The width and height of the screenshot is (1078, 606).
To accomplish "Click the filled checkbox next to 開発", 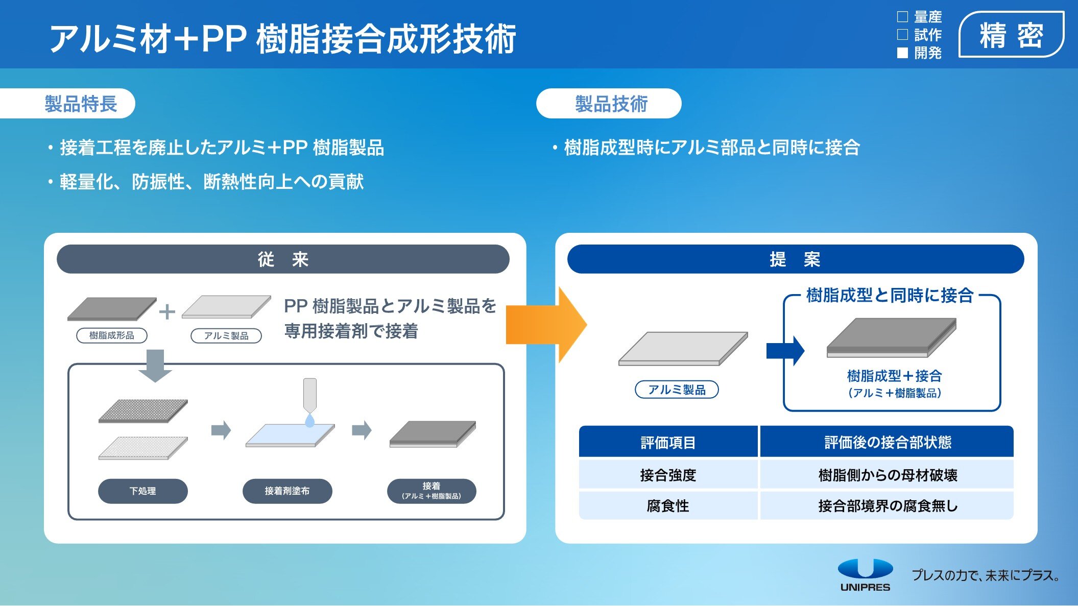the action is pos(902,53).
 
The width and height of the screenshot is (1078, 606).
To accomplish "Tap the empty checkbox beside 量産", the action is pos(902,17).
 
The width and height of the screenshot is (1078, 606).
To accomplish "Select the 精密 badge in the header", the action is pos(1011,35).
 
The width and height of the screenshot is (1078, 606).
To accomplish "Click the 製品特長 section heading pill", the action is pos(67,104).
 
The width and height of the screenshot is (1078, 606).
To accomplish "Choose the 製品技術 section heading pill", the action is pos(609,104).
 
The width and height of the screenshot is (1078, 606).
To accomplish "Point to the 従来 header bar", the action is pos(283,259).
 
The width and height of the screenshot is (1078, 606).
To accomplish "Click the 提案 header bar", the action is pos(796,259).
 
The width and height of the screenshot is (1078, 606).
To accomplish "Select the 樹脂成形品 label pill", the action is pos(112,335).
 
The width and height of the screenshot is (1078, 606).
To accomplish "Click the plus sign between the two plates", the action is pos(167,311).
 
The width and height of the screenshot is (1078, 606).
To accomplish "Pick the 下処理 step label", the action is pos(143,491).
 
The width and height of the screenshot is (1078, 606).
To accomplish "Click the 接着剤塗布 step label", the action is pos(287,491).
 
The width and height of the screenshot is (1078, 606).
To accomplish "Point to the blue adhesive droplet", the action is pos(309,420).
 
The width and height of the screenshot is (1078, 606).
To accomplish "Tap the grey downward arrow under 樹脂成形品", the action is pos(155,366).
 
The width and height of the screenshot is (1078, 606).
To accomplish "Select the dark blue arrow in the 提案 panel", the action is pos(785,351).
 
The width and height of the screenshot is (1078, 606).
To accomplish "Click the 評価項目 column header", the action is pos(668,442).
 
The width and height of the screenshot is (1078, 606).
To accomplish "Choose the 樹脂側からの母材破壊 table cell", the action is pos(887,475).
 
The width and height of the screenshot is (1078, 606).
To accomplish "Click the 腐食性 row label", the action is pos(668,505).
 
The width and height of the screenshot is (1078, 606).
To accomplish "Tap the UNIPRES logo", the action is pos(866,575).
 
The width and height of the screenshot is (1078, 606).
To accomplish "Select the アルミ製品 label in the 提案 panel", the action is pos(677,390).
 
